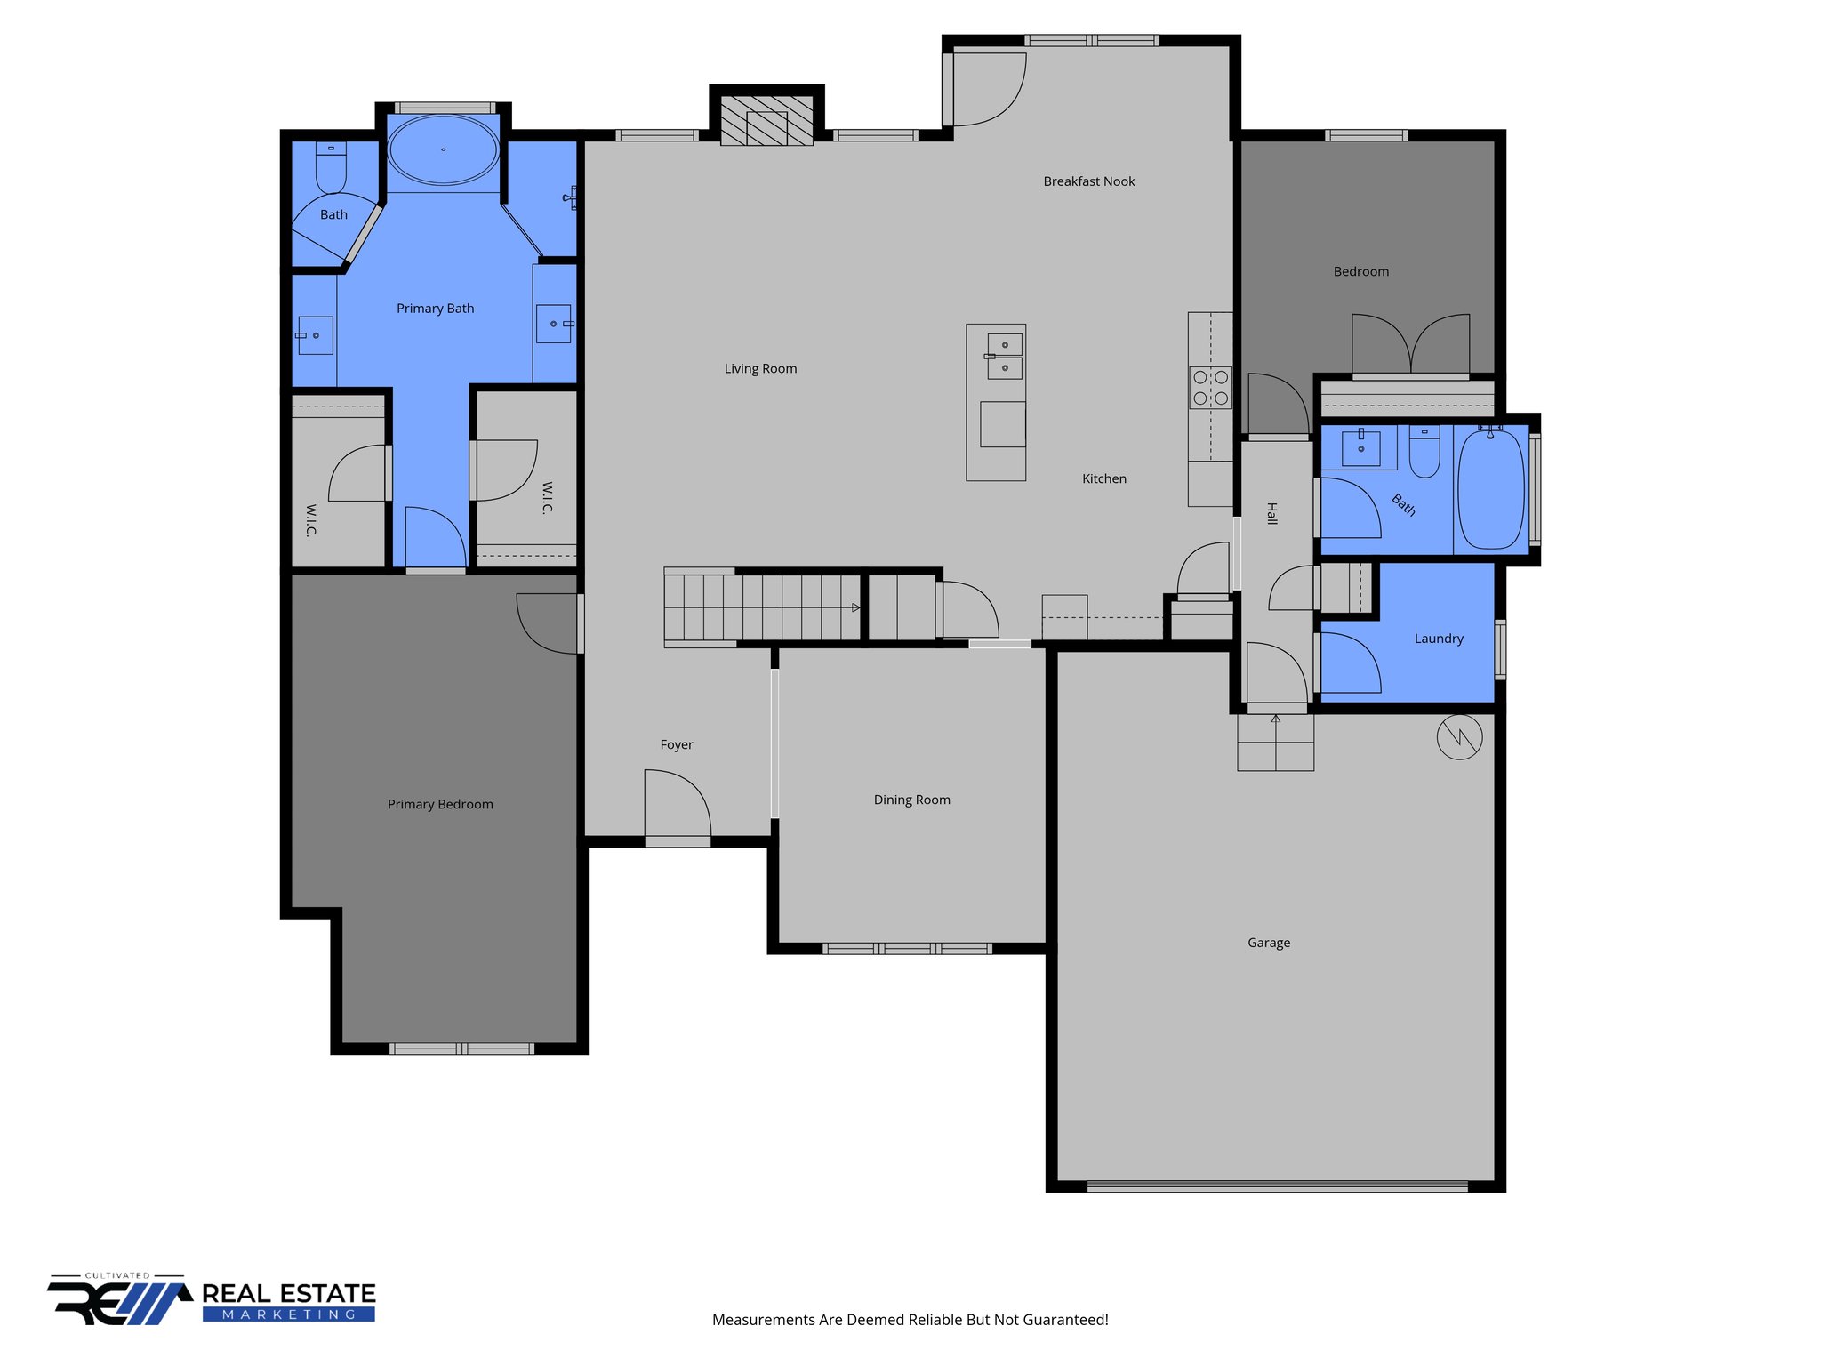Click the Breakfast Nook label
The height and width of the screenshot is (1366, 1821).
[1088, 181]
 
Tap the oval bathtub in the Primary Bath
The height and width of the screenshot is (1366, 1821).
[443, 149]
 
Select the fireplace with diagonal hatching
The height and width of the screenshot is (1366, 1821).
[766, 121]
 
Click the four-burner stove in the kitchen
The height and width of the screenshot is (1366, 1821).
[1210, 388]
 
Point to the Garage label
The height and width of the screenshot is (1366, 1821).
[1268, 943]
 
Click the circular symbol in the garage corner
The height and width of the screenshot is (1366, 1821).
[1459, 736]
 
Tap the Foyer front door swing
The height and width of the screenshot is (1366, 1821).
[677, 805]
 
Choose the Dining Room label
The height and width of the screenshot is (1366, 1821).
[911, 800]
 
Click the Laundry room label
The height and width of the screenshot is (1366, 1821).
[1438, 639]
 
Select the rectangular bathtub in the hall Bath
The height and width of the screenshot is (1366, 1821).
[1491, 490]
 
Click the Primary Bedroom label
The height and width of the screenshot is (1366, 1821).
[440, 804]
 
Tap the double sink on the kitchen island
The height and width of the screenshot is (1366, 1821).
[1005, 356]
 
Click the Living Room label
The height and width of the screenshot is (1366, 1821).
[760, 368]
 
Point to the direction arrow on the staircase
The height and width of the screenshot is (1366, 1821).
[855, 607]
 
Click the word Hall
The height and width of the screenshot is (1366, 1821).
[1271, 513]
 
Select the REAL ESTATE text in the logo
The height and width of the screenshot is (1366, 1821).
[289, 1294]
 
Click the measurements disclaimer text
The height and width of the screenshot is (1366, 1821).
[910, 1320]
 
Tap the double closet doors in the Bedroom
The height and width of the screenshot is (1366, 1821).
[1410, 345]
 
